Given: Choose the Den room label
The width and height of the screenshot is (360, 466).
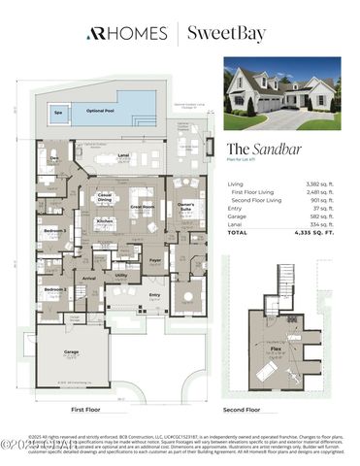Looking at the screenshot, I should (52, 157).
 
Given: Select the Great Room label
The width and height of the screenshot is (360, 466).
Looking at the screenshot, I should (144, 206).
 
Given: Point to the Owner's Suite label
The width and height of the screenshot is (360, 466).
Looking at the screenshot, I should (185, 205).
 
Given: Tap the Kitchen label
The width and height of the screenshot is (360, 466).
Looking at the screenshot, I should (105, 221).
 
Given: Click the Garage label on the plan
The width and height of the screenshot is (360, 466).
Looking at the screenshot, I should (71, 353).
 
